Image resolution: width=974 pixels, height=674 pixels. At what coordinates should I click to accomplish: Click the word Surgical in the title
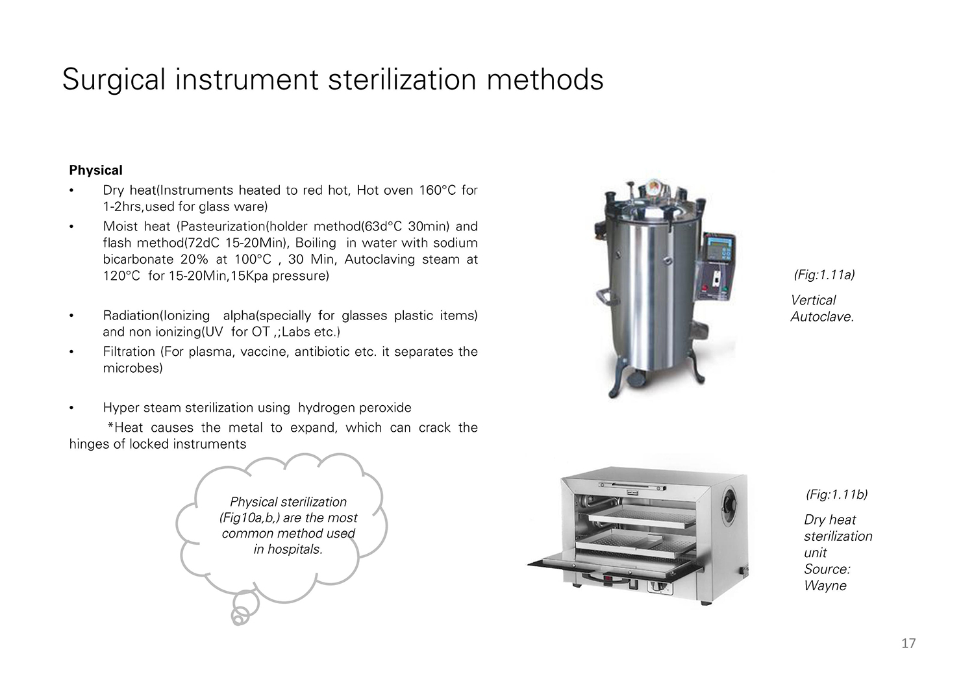(x=114, y=80)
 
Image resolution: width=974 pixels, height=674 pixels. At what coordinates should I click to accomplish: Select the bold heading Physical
(x=95, y=170)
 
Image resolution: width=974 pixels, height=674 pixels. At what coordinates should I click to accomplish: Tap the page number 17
(x=908, y=643)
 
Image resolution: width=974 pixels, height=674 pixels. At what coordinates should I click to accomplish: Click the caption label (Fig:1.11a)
(x=824, y=275)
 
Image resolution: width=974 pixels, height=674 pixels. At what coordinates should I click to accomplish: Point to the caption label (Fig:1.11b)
(x=836, y=494)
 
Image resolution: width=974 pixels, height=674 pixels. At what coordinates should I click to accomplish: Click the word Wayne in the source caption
(x=825, y=586)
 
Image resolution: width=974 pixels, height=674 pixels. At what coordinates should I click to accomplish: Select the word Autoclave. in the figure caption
(x=822, y=317)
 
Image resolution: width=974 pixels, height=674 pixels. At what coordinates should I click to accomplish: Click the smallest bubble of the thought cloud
(x=238, y=617)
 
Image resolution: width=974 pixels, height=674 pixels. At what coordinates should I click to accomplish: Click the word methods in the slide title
(x=545, y=80)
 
